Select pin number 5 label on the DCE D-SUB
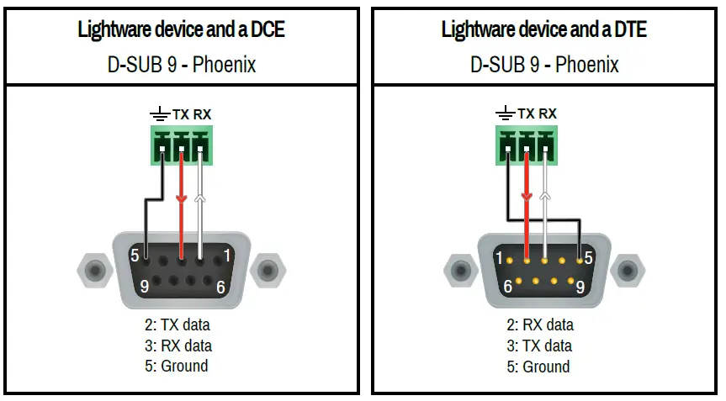(135, 255)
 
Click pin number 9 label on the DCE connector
(145, 286)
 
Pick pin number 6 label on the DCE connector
(220, 286)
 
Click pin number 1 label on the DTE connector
(499, 258)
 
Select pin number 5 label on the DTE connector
(588, 258)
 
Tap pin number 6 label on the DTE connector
(508, 287)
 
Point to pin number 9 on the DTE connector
(580, 287)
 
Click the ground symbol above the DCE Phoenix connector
(159, 113)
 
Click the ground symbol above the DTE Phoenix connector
(505, 113)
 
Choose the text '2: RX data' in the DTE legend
(539, 324)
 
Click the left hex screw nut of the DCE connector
(94, 271)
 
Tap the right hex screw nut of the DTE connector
(627, 270)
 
